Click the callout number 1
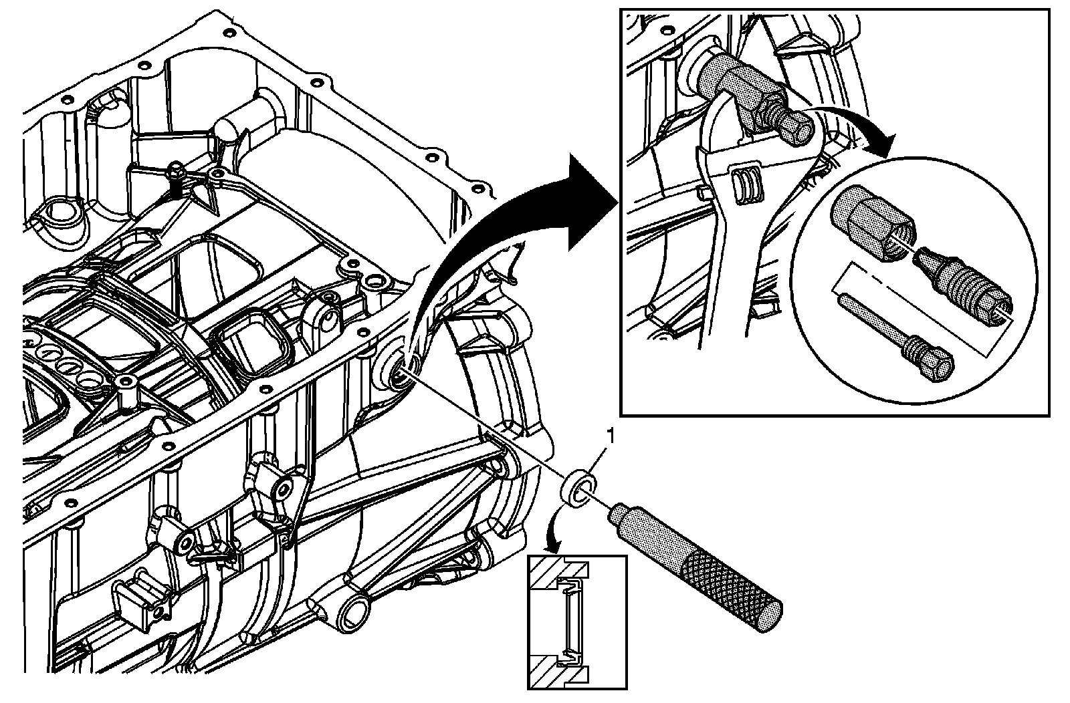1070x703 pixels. click(x=609, y=436)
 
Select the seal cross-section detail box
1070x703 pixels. click(x=577, y=621)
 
